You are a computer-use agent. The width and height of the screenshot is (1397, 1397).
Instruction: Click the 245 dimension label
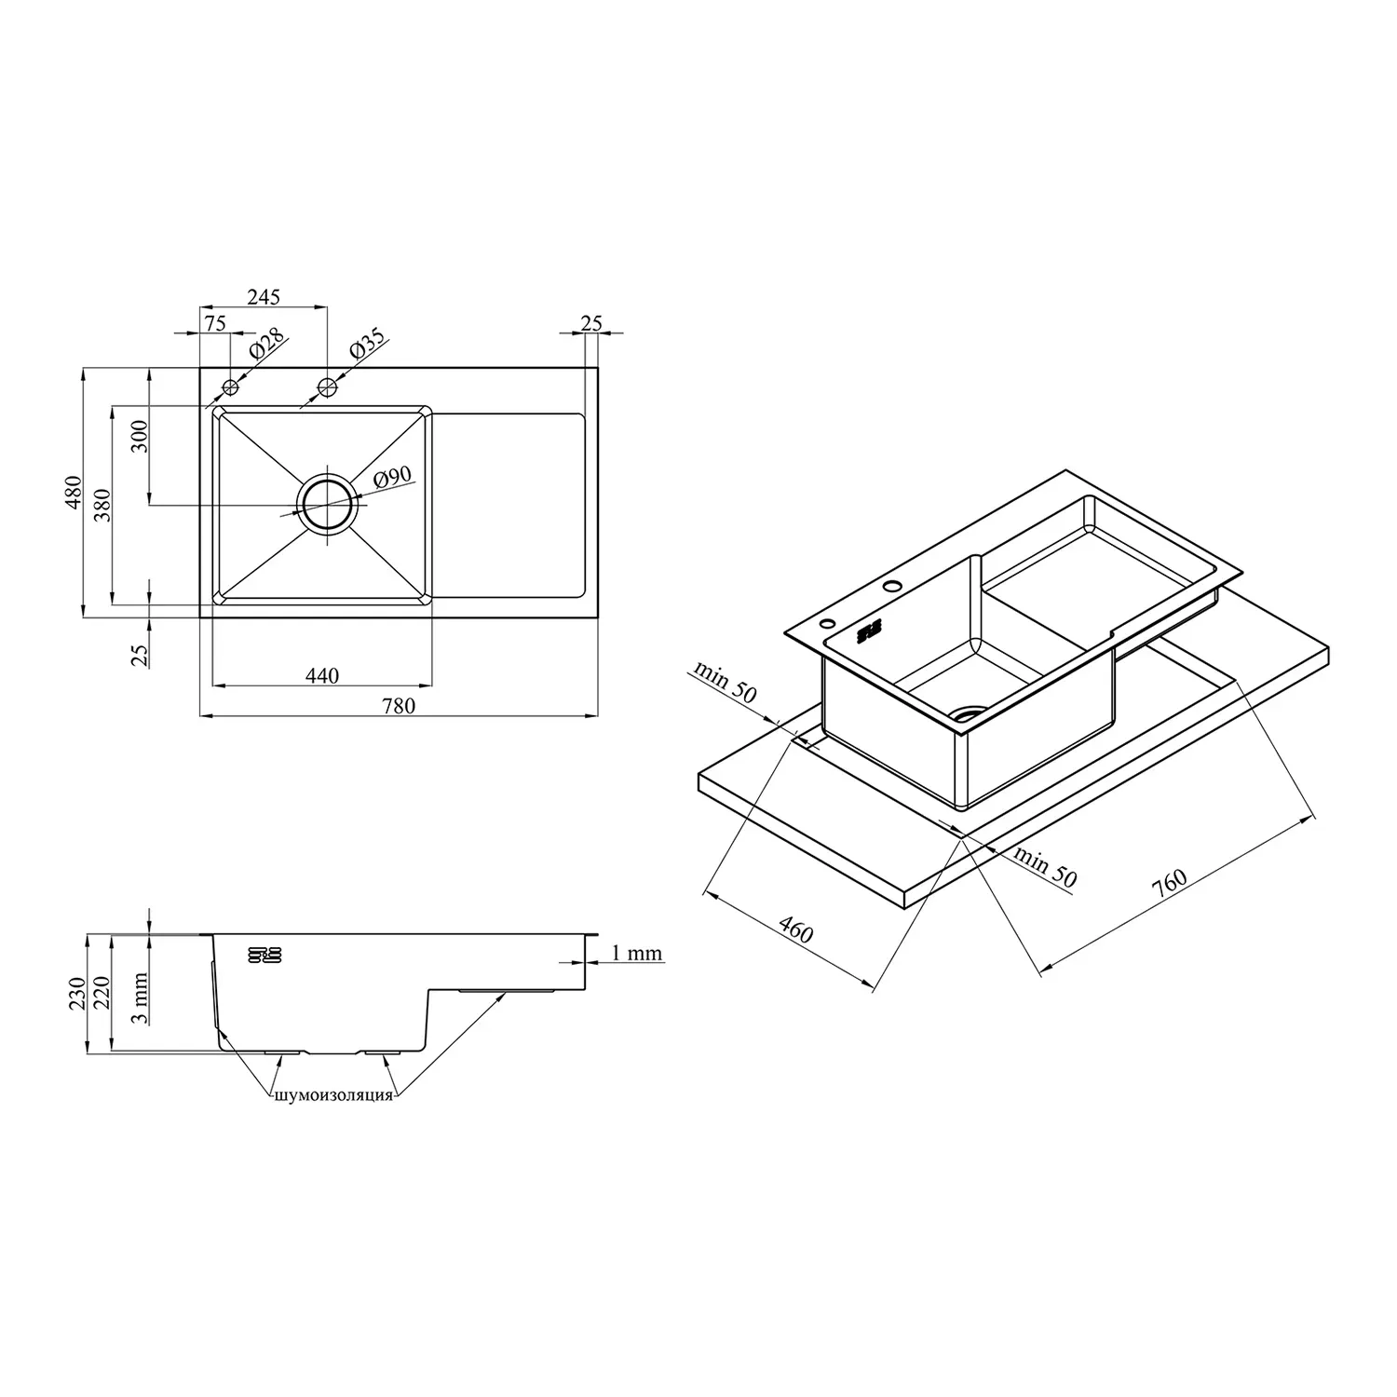click(x=264, y=297)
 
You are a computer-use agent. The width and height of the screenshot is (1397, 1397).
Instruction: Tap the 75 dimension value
click(x=215, y=323)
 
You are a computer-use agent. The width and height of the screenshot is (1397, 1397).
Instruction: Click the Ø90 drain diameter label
click(x=392, y=478)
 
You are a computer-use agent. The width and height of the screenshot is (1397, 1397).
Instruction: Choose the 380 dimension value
click(x=103, y=505)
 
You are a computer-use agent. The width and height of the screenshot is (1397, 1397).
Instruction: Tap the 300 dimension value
click(x=140, y=436)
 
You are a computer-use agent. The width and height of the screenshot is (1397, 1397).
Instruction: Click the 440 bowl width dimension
click(x=322, y=676)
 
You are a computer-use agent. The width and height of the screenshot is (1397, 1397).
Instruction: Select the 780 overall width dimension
click(x=399, y=705)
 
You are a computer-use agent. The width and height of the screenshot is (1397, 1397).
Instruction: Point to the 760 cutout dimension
click(x=1169, y=884)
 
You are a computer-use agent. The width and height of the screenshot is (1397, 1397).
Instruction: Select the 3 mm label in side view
click(x=140, y=997)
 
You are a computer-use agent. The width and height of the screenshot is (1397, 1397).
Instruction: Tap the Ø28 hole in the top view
click(x=231, y=387)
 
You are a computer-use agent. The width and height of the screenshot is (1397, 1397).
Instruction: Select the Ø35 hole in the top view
click(x=327, y=387)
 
